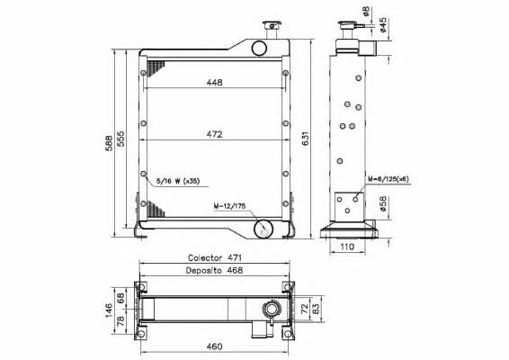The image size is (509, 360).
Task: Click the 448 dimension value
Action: pyautogui.click(x=215, y=83)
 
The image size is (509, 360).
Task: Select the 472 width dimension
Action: pyautogui.click(x=215, y=134)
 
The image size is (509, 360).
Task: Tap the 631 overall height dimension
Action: pyautogui.click(x=306, y=139)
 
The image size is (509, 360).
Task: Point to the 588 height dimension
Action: pyautogui.click(x=110, y=143)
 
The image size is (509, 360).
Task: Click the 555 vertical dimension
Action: pyautogui.click(x=121, y=139)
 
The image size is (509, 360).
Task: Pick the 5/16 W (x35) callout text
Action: pyautogui.click(x=178, y=181)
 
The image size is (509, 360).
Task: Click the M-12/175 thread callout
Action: pyautogui.click(x=229, y=206)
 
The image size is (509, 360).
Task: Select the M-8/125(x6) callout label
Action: pyautogui.click(x=388, y=179)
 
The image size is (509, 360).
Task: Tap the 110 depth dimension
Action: pyautogui.click(x=347, y=247)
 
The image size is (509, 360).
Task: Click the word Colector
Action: pyautogui.click(x=205, y=258)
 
